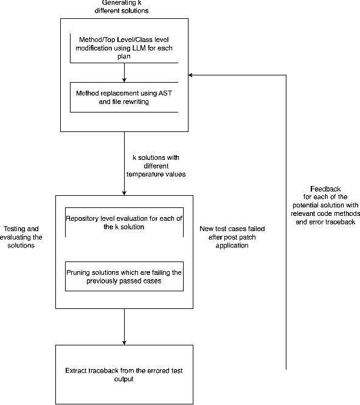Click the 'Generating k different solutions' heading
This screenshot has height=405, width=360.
(x=124, y=7)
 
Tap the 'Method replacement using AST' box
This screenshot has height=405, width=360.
(x=124, y=98)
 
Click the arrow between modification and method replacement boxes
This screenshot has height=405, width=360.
(x=124, y=72)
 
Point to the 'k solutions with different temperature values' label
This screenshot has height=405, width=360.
(x=156, y=165)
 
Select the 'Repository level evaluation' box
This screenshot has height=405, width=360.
(x=124, y=223)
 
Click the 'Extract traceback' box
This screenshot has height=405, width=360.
(x=124, y=374)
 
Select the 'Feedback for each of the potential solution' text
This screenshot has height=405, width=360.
(x=325, y=206)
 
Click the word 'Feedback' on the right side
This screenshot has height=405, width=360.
(x=325, y=189)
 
